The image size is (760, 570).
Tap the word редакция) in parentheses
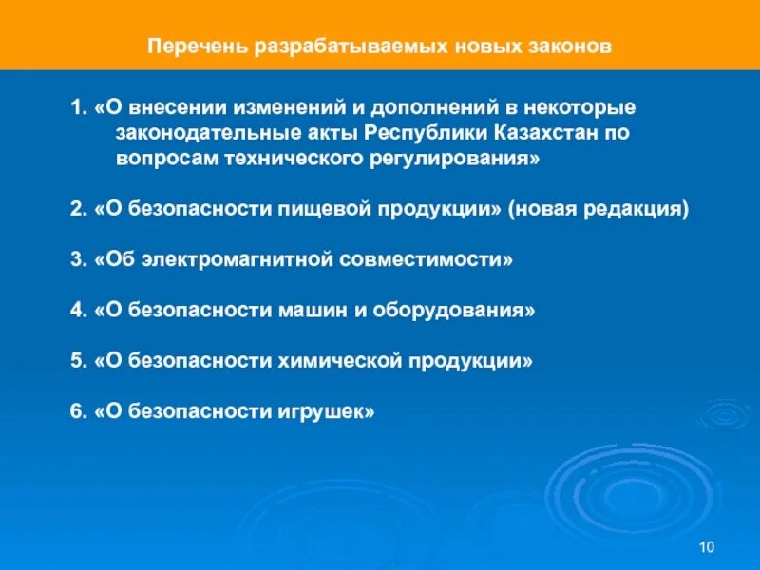point(638,209)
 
